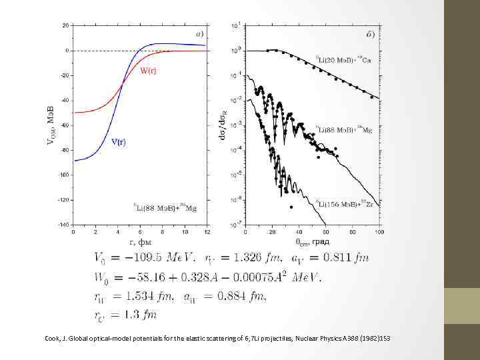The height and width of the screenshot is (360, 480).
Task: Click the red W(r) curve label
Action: pos(149,71)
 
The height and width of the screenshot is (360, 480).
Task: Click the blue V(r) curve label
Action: pos(119,142)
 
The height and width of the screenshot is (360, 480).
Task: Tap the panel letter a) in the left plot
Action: pos(199,33)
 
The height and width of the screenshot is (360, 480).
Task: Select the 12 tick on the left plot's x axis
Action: pos(207,231)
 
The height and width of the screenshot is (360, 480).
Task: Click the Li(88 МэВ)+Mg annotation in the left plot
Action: pos(165,208)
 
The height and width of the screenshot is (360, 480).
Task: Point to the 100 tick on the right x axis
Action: pos(379,232)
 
